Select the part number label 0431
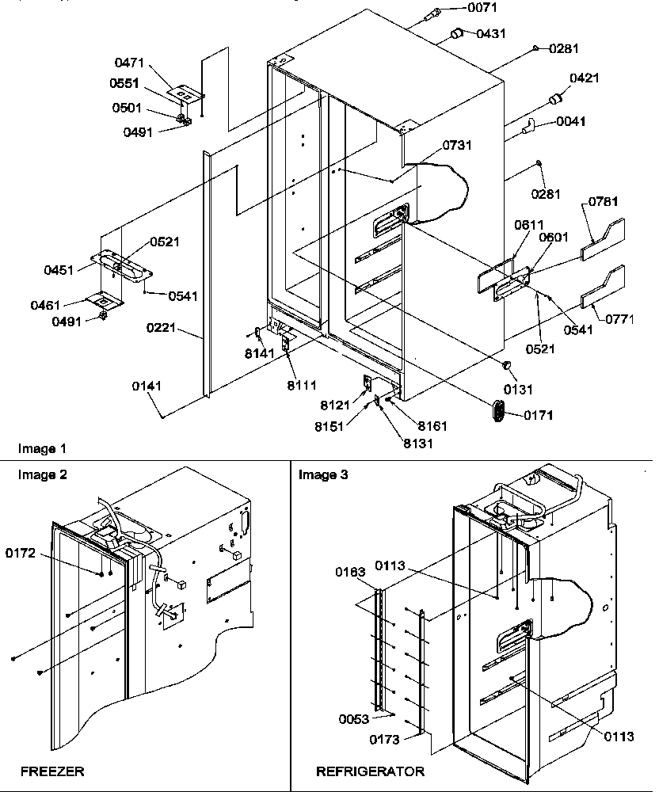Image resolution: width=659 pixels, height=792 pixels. click(x=490, y=33)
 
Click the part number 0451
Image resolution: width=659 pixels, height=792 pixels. click(x=59, y=270)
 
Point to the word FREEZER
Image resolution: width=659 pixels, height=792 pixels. click(x=52, y=771)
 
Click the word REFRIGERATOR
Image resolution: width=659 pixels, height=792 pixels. click(x=370, y=771)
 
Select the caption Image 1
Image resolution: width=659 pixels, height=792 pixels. click(x=42, y=449)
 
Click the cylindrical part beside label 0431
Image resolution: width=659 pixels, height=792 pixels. click(x=456, y=32)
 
